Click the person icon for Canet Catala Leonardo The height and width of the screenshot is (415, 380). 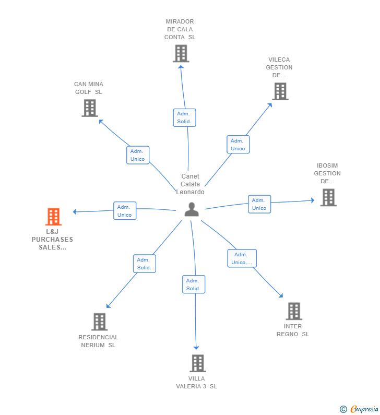(x=192, y=209)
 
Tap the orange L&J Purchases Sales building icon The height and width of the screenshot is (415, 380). (x=53, y=216)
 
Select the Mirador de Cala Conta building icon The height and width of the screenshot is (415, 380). (x=181, y=53)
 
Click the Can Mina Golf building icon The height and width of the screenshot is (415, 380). (x=90, y=108)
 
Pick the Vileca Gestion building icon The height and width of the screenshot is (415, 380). (x=280, y=91)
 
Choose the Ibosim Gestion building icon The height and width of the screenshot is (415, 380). (x=328, y=197)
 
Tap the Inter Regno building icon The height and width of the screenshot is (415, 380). (x=294, y=311)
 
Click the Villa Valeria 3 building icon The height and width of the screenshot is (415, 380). (x=197, y=363)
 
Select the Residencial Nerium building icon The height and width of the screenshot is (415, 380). (x=99, y=322)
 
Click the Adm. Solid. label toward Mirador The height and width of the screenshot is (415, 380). (x=184, y=117)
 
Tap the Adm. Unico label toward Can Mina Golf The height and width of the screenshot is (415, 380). (x=138, y=155)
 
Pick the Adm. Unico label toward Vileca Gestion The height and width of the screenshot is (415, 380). (x=238, y=145)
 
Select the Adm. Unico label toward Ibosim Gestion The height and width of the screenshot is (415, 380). (x=259, y=204)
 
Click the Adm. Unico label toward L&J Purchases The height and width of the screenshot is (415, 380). (x=125, y=211)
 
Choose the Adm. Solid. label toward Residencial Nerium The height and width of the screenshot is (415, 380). (x=144, y=264)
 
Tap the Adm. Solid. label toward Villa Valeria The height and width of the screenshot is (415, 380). (x=194, y=284)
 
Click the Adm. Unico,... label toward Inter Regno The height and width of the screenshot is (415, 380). (x=242, y=258)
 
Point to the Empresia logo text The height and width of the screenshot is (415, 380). (x=364, y=409)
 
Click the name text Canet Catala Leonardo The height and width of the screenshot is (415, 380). (x=191, y=184)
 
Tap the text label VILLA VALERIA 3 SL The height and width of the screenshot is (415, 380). (x=197, y=383)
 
